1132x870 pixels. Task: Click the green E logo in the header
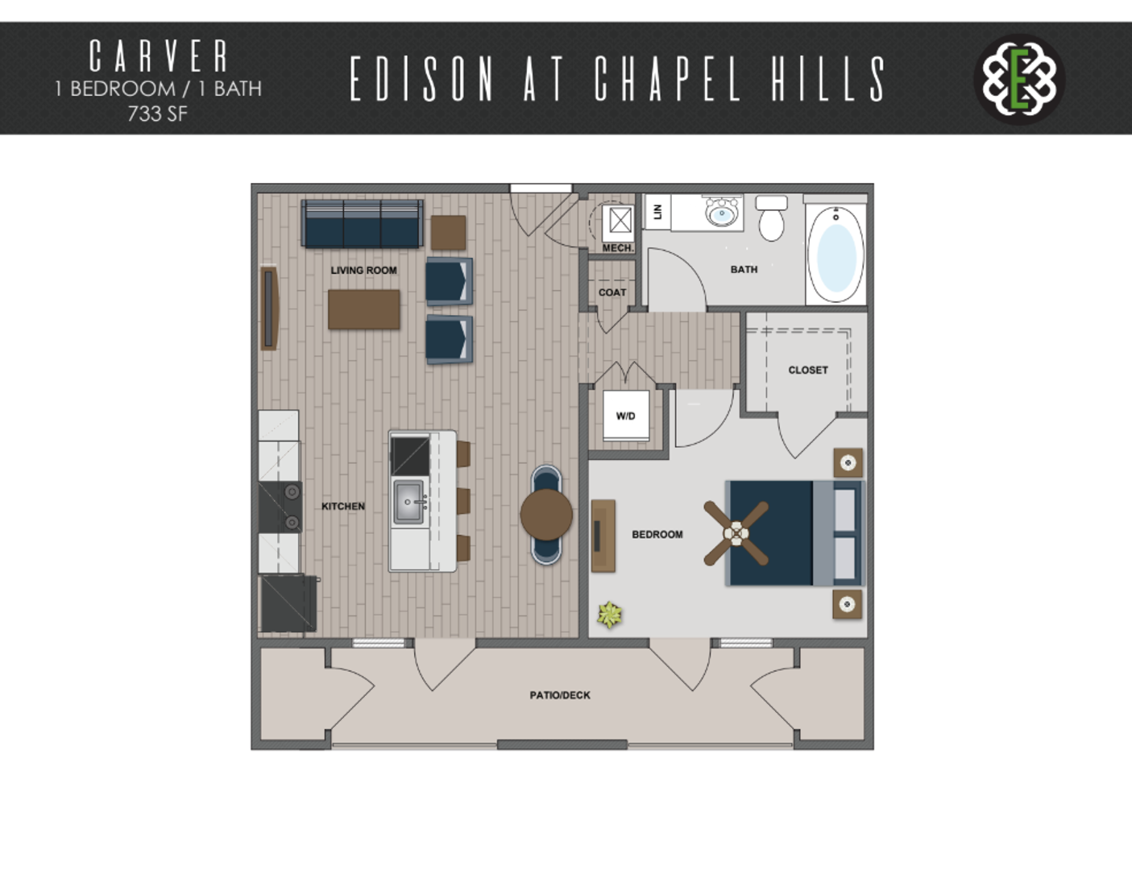pos(1019,80)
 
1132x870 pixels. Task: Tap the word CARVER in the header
pos(159,56)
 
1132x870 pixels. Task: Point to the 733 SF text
pos(157,114)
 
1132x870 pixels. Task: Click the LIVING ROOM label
pos(363,270)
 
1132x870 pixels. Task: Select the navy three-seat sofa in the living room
pos(362,224)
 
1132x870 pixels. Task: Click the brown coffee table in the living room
pos(364,309)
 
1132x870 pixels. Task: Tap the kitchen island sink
pos(408,502)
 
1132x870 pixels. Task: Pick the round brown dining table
pos(546,515)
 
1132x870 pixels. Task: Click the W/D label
pos(626,416)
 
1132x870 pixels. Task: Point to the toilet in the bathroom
pos(772,217)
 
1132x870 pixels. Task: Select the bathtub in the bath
pos(836,254)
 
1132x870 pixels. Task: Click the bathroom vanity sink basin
pos(722,213)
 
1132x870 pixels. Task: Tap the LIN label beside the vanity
pos(657,211)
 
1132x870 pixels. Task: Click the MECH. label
pos(618,248)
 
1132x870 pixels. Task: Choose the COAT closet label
pos(612,292)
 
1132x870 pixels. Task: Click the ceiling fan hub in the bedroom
pos(736,533)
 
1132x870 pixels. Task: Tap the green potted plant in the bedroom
pos(610,615)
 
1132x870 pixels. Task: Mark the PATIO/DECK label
pos(560,695)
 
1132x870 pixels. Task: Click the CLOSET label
pos(808,371)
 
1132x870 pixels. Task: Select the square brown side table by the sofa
pos(449,233)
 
